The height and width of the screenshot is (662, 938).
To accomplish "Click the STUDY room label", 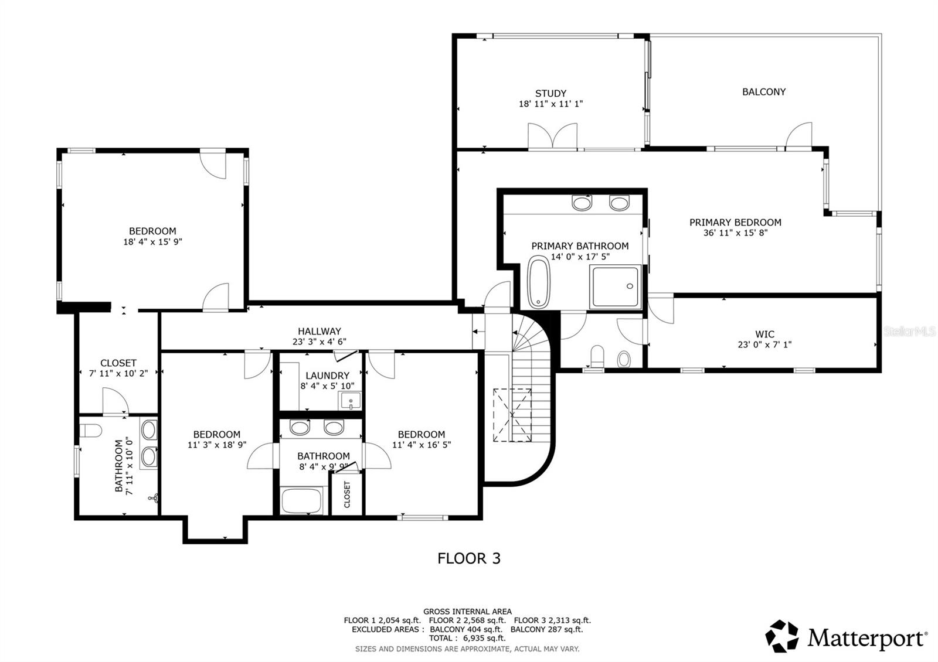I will point(550,93).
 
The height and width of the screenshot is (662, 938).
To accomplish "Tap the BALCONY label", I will point(763,91).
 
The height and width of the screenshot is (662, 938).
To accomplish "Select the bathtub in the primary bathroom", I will point(538,282).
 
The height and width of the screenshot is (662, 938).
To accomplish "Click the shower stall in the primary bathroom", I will point(615,286).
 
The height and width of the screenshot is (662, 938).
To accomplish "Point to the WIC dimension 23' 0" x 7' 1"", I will point(764,344).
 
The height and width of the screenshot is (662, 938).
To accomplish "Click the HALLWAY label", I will point(319,331).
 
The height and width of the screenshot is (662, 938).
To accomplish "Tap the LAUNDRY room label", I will point(327,376).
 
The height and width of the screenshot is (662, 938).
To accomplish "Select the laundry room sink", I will point(350,401).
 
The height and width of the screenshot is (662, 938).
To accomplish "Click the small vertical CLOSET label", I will point(346,494).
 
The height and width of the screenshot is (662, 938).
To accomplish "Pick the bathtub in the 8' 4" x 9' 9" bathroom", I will point(302,501).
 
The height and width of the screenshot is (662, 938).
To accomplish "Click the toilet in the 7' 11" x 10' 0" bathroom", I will point(90,431).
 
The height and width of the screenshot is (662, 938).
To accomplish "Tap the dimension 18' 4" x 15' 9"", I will point(152,241).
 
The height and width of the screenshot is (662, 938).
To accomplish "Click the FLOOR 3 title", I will point(469,558).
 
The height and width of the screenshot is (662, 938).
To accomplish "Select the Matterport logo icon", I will point(782,636).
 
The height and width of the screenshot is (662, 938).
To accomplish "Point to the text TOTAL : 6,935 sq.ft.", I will point(467,638).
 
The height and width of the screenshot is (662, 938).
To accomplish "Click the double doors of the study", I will point(552,137).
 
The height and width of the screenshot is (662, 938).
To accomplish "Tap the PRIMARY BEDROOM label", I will point(735,222).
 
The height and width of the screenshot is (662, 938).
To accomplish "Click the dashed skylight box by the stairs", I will point(511,415).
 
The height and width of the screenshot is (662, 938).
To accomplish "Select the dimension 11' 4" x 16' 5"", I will point(421,445).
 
